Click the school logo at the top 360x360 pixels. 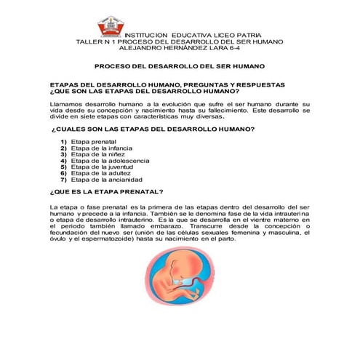tap(111, 27)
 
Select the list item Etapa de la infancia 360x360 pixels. tap(100, 148)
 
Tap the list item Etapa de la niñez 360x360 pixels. tap(96, 154)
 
